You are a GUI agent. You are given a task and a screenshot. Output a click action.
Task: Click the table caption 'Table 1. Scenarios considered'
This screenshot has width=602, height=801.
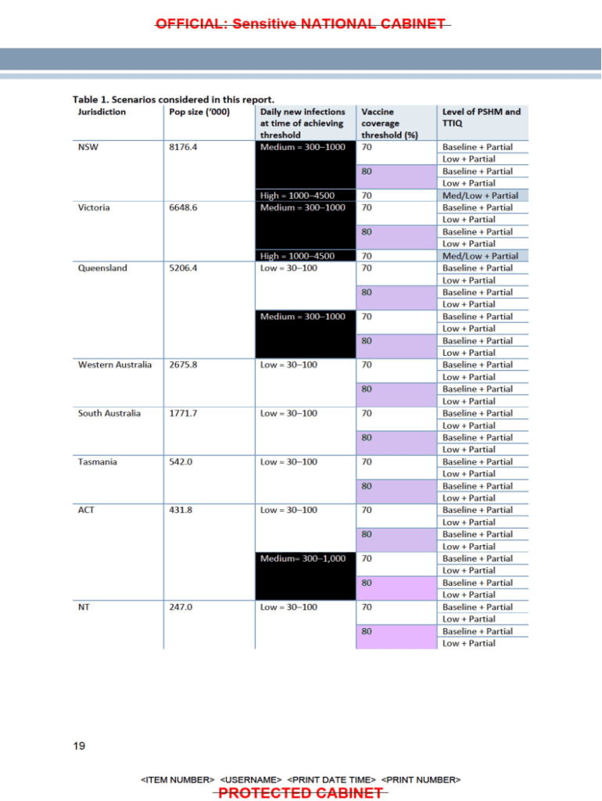click(174, 99)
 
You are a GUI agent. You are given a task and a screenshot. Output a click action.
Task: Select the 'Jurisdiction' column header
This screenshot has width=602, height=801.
click(102, 112)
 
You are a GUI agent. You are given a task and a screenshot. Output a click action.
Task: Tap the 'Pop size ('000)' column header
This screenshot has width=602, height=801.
click(199, 112)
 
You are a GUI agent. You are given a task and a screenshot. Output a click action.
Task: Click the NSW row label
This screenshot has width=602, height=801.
click(88, 147)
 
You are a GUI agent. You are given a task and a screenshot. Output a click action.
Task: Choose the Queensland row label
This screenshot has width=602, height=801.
click(99, 268)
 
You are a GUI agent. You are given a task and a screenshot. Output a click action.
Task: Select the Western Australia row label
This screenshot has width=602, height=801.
click(115, 365)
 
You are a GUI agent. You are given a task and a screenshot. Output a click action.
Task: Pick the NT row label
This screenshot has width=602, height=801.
click(84, 607)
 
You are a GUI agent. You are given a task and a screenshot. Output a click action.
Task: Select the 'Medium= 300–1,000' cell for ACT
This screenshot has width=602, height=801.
click(303, 559)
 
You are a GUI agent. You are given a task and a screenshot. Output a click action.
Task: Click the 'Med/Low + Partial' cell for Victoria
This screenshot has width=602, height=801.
click(480, 256)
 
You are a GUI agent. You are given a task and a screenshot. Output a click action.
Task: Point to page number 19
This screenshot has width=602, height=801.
click(79, 745)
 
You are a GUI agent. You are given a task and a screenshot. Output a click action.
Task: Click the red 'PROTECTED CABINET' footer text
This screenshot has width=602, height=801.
click(300, 793)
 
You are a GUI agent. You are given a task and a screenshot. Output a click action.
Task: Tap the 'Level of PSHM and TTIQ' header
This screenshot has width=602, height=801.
click(481, 117)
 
